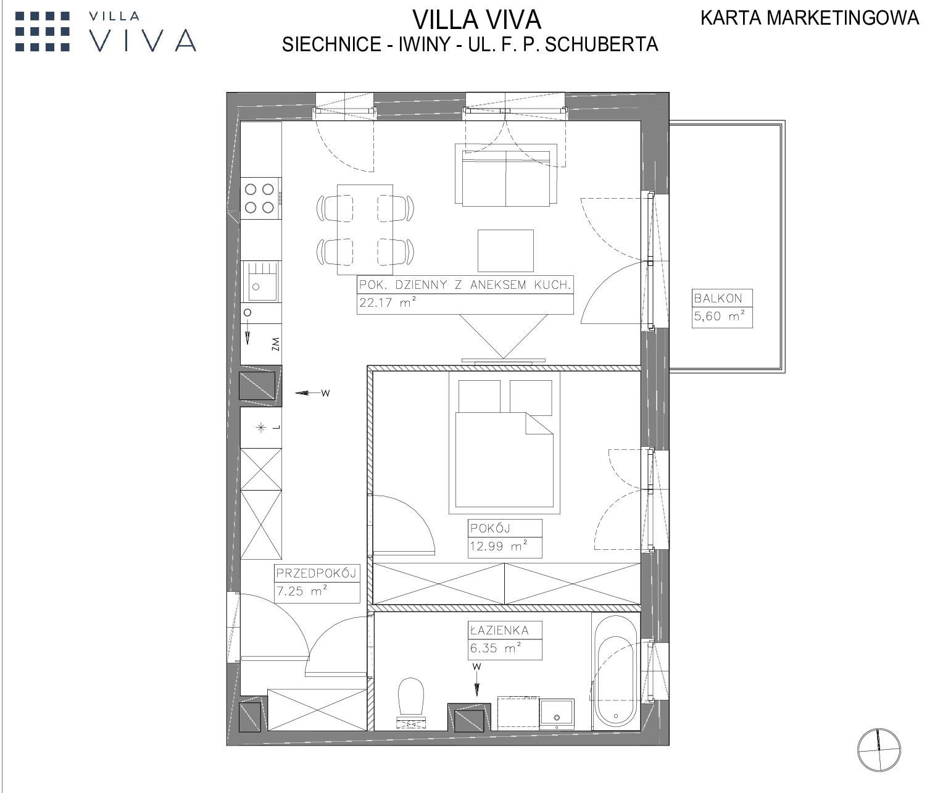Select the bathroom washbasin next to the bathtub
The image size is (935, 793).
click(x=557, y=713)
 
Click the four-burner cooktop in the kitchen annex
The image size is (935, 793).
click(x=260, y=198)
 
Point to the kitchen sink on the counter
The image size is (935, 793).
click(x=260, y=281)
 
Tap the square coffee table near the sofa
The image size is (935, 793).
click(x=505, y=251)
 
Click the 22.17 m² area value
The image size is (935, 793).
click(x=388, y=302)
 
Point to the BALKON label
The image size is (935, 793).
click(x=718, y=299)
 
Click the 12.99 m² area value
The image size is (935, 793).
click(x=499, y=546)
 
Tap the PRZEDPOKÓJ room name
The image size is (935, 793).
click(x=316, y=573)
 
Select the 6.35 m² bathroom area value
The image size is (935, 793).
click(x=496, y=648)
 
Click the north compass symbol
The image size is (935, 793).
click(x=879, y=750)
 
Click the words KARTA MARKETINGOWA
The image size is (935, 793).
click(x=810, y=18)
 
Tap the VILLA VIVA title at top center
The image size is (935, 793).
click(x=477, y=20)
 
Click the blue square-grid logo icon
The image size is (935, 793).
click(x=43, y=31)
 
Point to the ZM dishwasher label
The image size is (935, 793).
click(x=275, y=344)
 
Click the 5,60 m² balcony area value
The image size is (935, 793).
click(x=720, y=316)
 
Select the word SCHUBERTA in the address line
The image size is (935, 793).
click(x=602, y=44)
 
